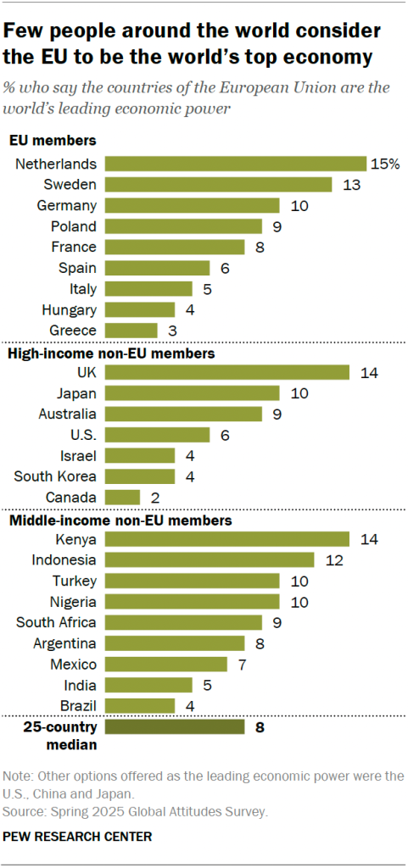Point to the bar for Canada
point(122,497)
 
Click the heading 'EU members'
point(52,141)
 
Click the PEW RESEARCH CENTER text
point(78,837)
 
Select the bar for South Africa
point(183,622)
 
